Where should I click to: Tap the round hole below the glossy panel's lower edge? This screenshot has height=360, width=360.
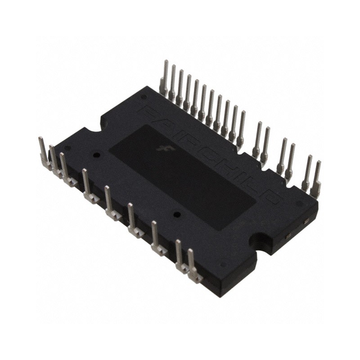tap(177, 215)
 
